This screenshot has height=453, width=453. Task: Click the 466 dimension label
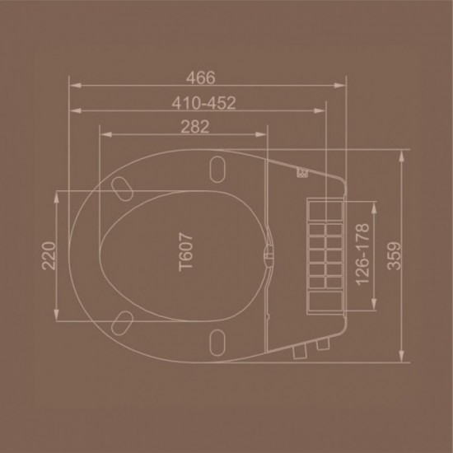[200, 77]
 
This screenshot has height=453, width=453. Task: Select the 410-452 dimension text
[203, 103]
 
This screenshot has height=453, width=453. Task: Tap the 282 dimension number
[194, 127]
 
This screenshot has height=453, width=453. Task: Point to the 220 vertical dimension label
[49, 256]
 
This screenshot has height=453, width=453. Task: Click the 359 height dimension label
[394, 256]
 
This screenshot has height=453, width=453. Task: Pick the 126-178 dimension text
[362, 255]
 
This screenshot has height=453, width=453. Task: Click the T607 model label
[186, 252]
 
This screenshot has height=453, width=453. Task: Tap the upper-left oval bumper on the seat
[122, 189]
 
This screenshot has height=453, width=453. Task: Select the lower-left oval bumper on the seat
[122, 323]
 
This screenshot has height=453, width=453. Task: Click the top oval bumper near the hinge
[217, 170]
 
